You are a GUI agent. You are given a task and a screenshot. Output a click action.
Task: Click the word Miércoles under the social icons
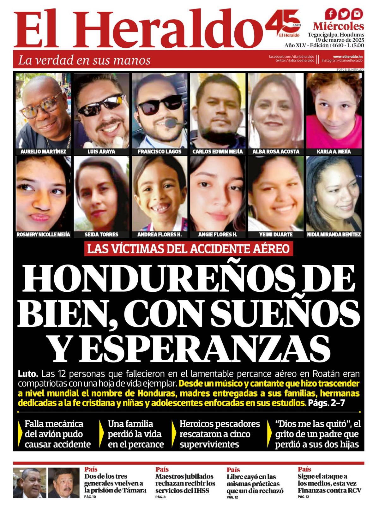point(338,26)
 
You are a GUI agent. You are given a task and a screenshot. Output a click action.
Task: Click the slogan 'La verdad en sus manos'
point(84,60)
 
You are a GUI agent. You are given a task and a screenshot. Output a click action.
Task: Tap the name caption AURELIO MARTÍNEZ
point(43,152)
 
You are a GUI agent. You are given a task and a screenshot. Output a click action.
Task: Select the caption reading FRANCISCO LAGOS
point(159,152)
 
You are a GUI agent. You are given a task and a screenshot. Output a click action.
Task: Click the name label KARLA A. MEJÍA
point(334,152)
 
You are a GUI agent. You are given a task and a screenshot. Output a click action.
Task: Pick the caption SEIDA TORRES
point(101,235)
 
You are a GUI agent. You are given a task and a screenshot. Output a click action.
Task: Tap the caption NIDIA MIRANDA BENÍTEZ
point(334,235)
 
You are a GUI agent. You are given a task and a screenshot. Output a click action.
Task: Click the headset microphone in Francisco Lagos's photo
point(171,123)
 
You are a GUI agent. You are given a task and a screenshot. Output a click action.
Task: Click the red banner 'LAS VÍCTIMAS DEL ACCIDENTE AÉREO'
point(189,248)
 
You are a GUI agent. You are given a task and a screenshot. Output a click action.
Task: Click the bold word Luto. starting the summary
point(28,374)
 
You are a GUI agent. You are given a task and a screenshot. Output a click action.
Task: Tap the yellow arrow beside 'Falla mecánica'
point(21,434)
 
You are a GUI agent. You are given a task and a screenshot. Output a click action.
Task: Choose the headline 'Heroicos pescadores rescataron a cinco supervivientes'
point(220,434)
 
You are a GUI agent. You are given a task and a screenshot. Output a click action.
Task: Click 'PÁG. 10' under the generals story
point(90,497)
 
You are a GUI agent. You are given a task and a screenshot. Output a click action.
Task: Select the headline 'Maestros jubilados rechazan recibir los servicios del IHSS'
point(185,483)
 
